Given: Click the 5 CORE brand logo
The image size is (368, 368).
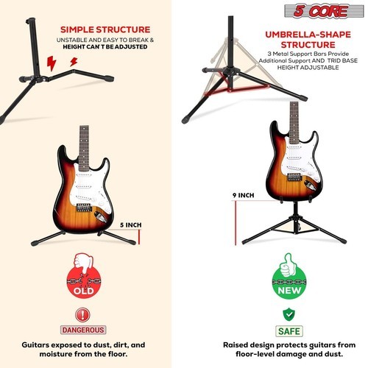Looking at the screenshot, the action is click(x=324, y=11).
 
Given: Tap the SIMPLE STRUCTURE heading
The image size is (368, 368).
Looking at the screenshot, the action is click(x=105, y=29).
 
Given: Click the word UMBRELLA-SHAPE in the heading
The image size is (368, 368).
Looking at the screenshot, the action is click(x=308, y=35).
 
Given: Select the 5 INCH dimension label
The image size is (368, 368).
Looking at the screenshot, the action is click(x=131, y=225).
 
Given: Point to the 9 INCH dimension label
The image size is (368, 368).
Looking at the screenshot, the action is click(x=243, y=195).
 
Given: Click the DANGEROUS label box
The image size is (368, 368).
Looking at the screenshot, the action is click(x=83, y=330).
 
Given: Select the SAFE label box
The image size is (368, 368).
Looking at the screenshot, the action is click(x=289, y=331).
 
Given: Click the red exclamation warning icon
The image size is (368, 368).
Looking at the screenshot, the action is click(x=83, y=315).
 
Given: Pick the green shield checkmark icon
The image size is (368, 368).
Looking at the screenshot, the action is click(x=289, y=315).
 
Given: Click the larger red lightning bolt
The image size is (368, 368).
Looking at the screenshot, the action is click(x=52, y=63).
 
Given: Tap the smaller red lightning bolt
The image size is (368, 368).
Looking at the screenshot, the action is click(x=74, y=62).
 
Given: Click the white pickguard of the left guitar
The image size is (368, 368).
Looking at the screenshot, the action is click(x=90, y=189).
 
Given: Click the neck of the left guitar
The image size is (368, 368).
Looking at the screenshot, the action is click(x=84, y=148).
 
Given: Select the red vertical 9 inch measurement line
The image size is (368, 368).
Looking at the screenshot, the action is click(x=236, y=223).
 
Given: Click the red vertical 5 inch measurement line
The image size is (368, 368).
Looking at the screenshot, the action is click(x=139, y=237).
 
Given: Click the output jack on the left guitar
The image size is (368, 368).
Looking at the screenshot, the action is click(x=100, y=217).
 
